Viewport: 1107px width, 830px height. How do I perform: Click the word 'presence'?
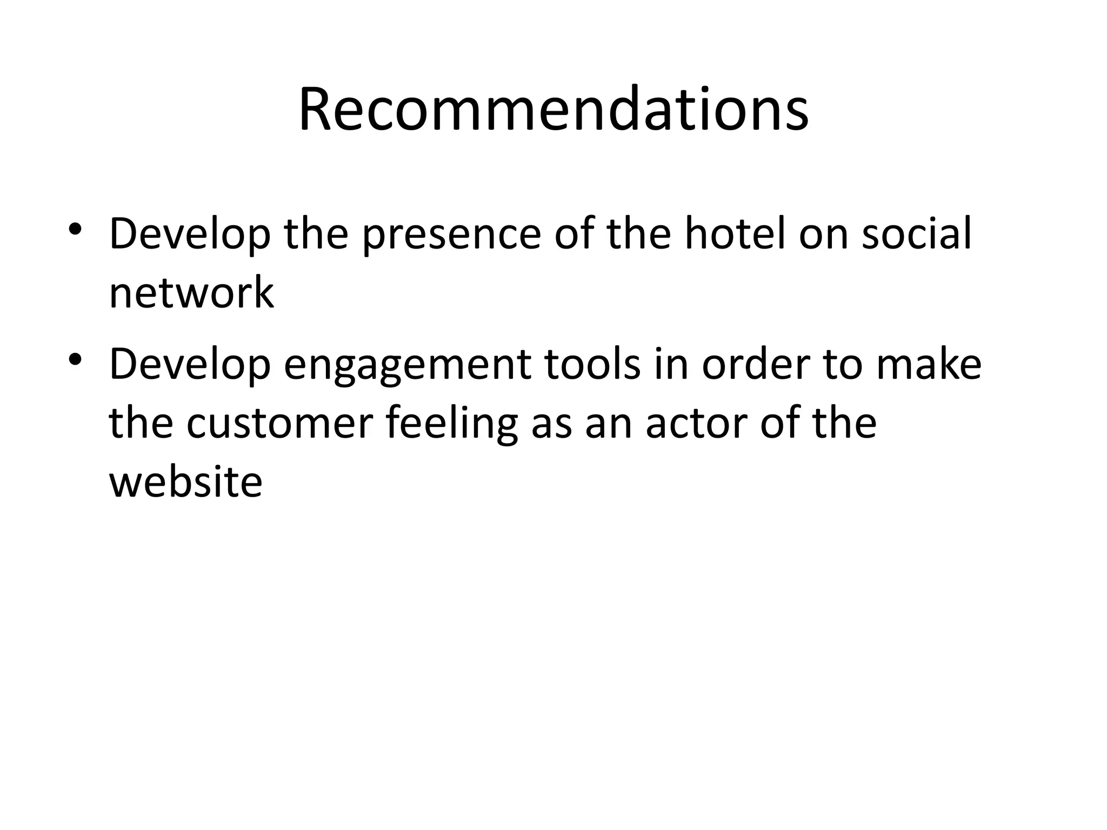[451, 235]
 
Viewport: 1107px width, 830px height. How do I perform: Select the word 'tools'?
[592, 365]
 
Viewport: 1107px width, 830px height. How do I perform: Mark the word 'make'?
[929, 365]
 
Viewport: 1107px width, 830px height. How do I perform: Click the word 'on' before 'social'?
[823, 235]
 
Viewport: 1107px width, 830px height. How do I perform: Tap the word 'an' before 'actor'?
[609, 424]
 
